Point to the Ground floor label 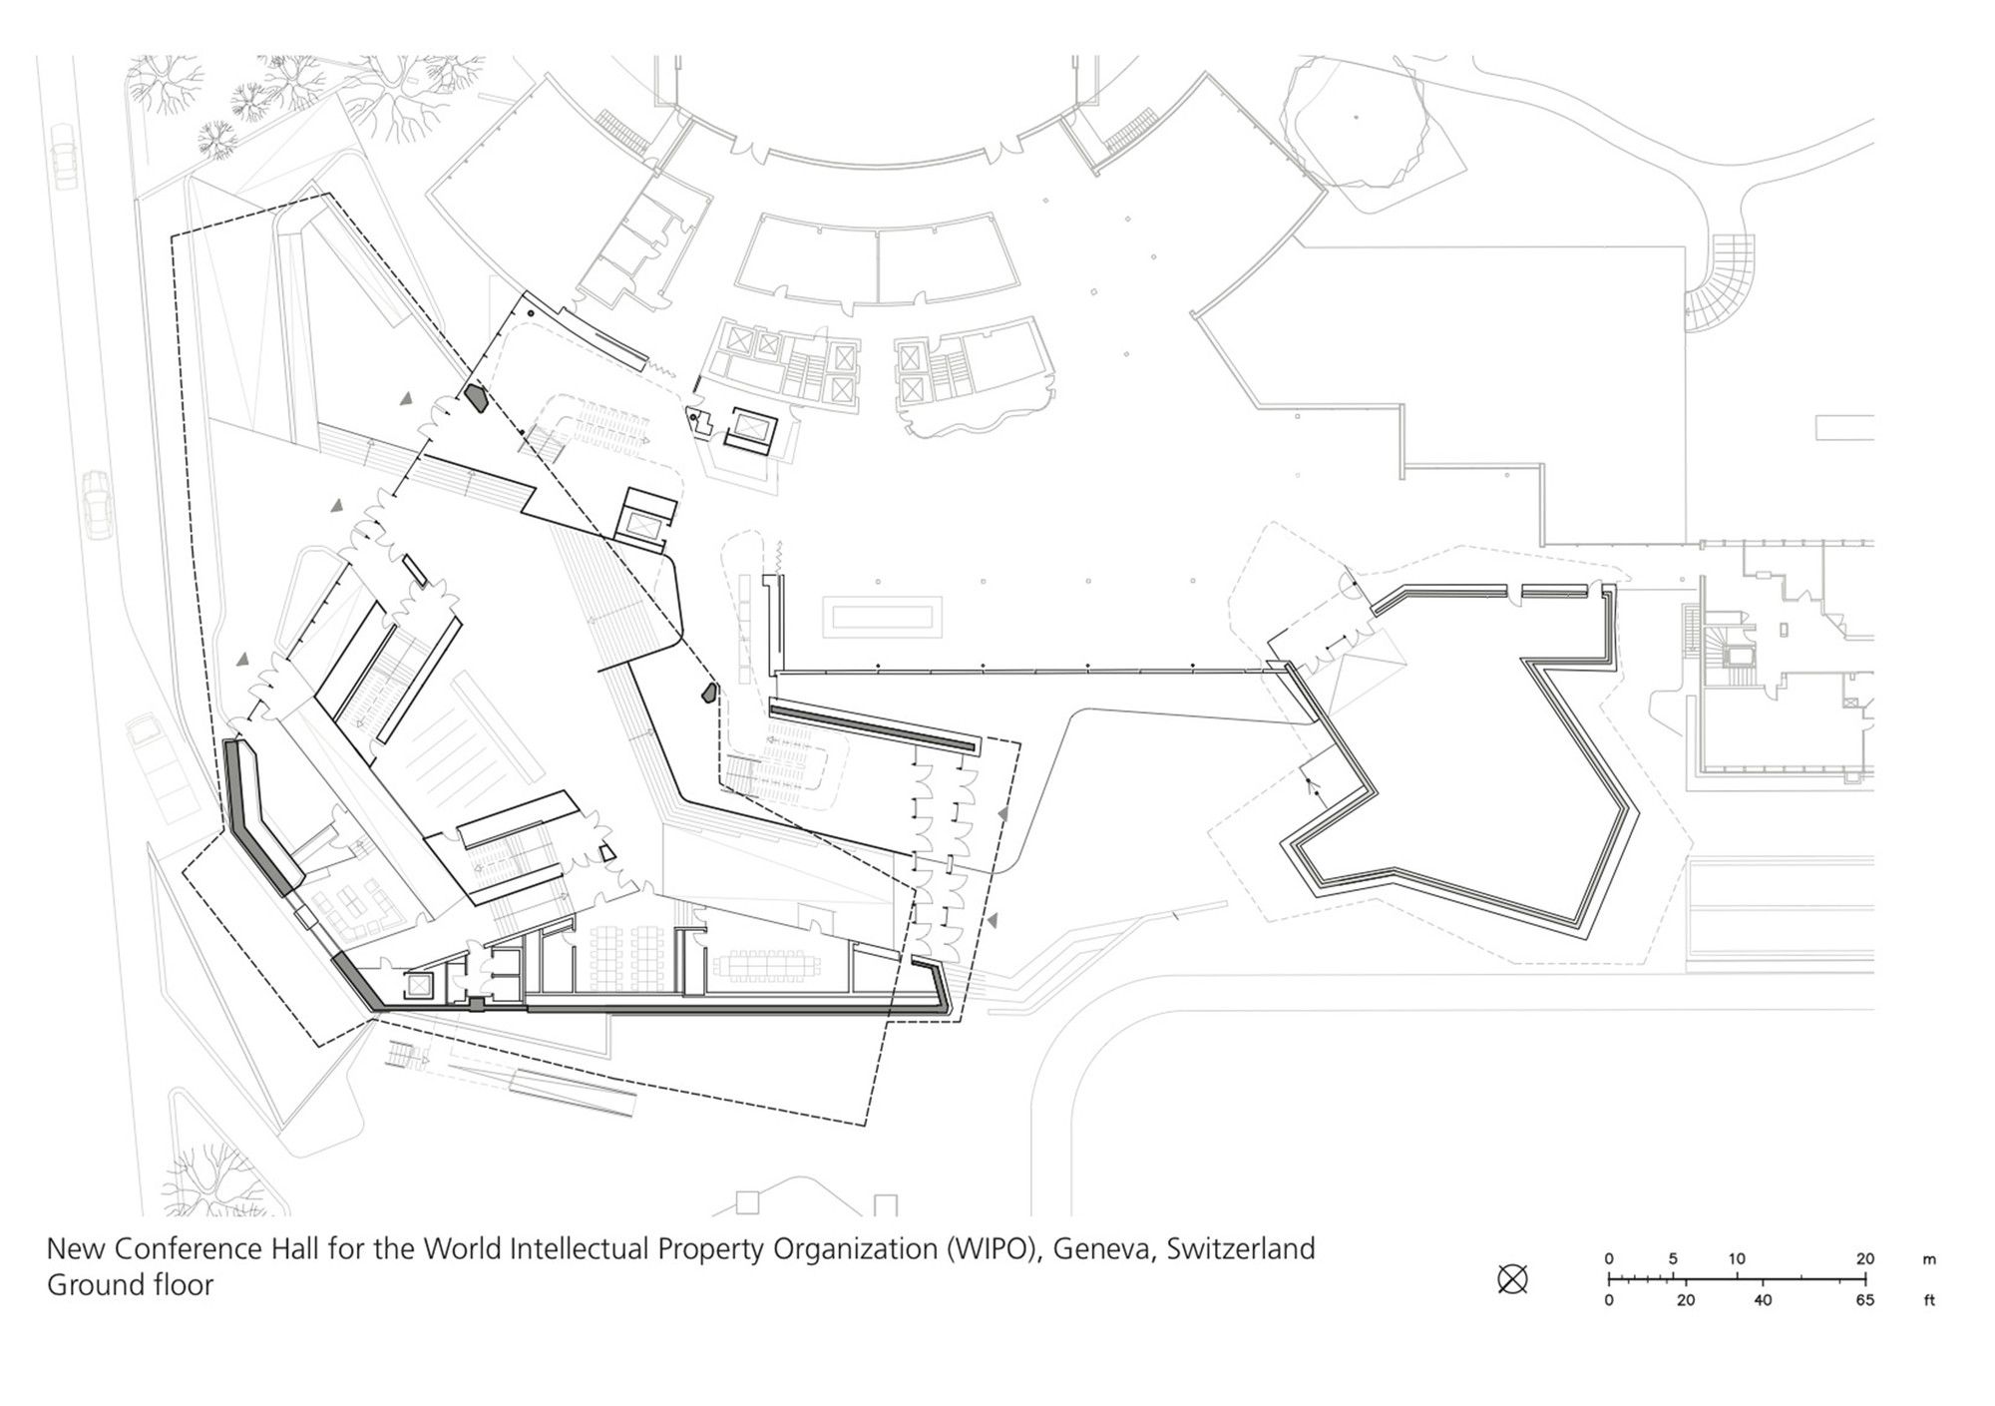tap(130, 1285)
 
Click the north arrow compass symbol tap(1512, 1279)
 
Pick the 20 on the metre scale tap(1865, 1259)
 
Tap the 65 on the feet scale tap(1865, 1300)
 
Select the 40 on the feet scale tap(1763, 1300)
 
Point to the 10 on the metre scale tap(1737, 1259)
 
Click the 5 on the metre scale tap(1673, 1259)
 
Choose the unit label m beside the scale tap(1929, 1260)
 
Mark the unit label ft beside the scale tap(1929, 1300)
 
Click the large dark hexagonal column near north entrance tap(476, 398)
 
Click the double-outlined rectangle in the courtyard tap(882, 618)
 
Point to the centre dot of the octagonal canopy tap(1356, 117)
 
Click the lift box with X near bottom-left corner tap(419, 986)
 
